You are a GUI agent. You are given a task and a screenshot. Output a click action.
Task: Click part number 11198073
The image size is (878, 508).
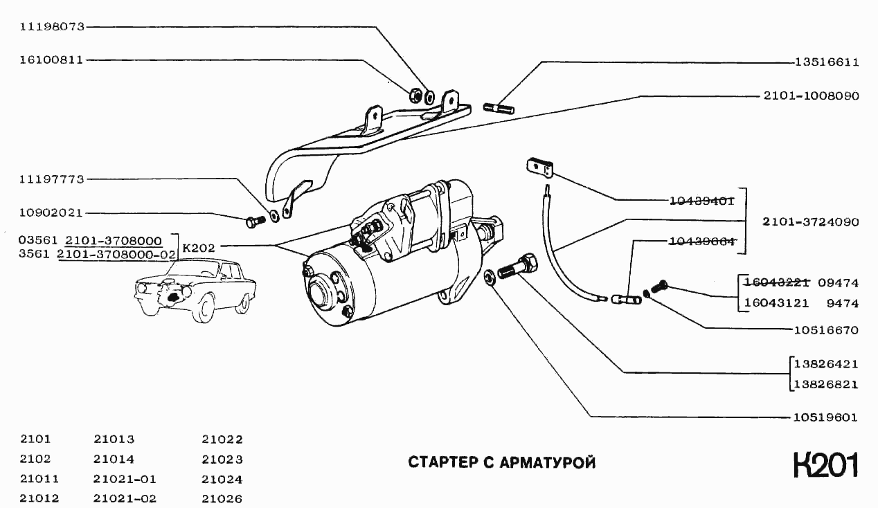tap(52, 27)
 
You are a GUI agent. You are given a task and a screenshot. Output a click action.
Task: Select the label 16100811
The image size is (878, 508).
tap(52, 60)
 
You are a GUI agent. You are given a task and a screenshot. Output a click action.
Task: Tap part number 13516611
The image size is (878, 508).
tap(827, 62)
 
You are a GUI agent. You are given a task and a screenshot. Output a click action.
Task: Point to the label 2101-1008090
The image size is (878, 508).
tap(811, 96)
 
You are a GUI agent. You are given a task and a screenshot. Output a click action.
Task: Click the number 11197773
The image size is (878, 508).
tap(52, 179)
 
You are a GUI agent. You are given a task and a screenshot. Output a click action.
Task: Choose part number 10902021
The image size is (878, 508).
tap(52, 212)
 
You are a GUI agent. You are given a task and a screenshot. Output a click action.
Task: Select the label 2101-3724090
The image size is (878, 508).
tap(811, 222)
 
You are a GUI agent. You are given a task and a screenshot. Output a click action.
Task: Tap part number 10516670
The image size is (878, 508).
tap(827, 330)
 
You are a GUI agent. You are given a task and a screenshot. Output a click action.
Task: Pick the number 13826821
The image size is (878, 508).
tap(827, 384)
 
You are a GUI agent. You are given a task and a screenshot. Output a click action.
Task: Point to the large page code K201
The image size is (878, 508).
tap(826, 465)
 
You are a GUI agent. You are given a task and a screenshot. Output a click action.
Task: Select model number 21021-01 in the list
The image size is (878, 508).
tap(125, 478)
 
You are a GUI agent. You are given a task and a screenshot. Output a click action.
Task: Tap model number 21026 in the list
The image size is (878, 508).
tap(222, 498)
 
